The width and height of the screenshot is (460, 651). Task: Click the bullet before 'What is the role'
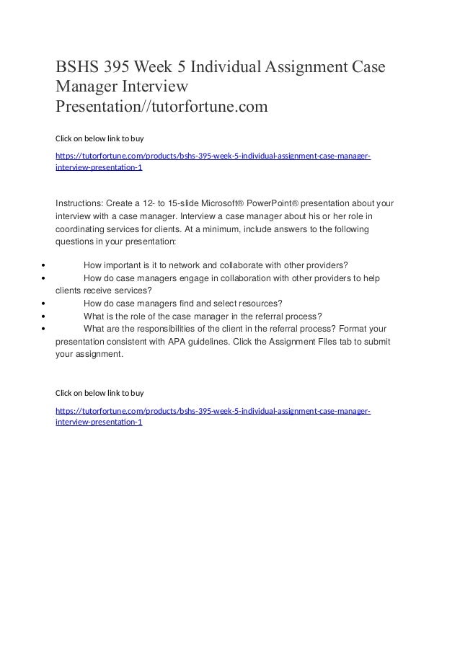click(x=45, y=315)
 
